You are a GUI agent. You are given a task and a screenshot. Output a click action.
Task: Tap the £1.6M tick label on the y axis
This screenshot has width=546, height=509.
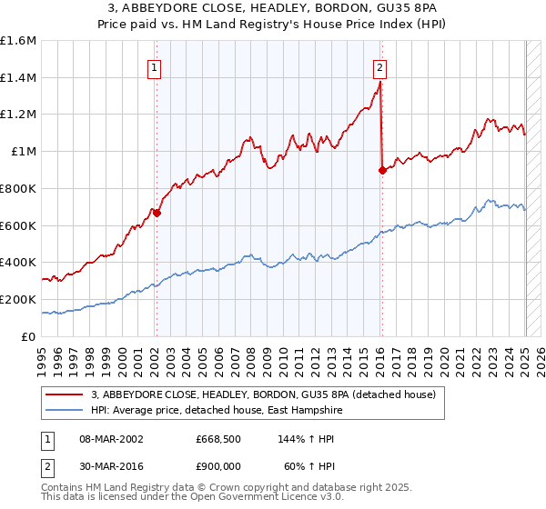tap(18, 41)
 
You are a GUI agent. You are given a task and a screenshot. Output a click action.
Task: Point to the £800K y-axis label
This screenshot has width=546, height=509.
tap(17, 188)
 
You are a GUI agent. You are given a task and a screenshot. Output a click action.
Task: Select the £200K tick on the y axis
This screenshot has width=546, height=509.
tap(17, 299)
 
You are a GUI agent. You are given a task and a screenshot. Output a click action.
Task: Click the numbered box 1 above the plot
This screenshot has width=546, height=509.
tap(155, 66)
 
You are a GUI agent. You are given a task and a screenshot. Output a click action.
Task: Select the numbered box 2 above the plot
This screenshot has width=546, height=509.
tap(379, 66)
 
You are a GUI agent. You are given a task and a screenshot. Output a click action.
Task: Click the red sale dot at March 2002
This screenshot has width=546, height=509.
tap(157, 213)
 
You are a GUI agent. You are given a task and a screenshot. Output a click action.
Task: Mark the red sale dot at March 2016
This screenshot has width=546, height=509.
tap(381, 170)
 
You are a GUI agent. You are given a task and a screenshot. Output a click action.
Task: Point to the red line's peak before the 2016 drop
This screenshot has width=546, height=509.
tap(379, 81)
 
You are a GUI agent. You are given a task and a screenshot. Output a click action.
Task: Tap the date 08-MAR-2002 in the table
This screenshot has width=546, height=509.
tap(109, 438)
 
